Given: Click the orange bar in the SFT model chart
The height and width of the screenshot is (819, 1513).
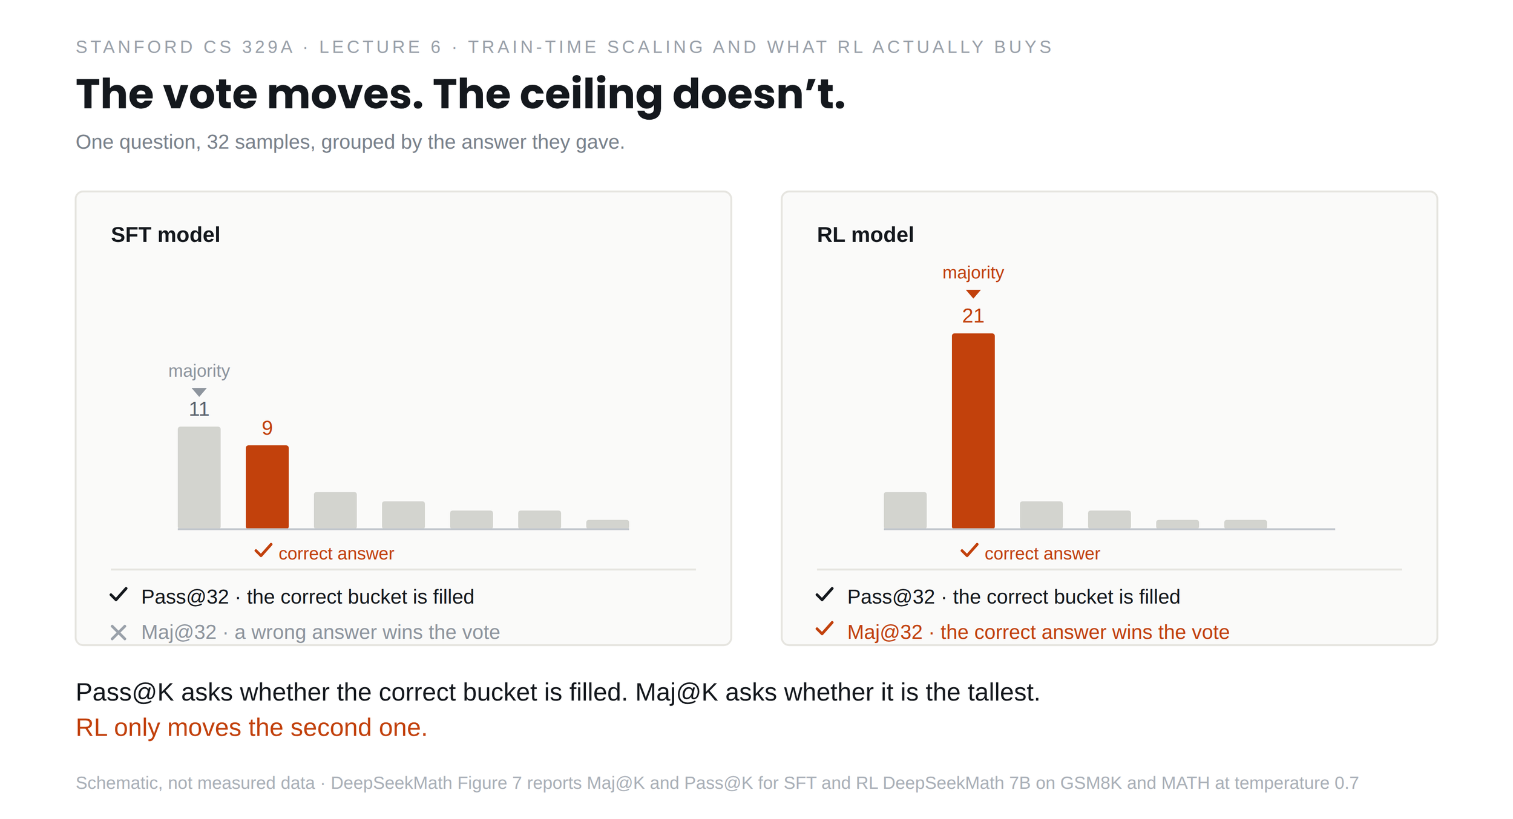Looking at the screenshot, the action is pyautogui.click(x=267, y=487).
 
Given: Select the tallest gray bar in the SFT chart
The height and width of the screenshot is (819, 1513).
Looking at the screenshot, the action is pyautogui.click(x=199, y=478).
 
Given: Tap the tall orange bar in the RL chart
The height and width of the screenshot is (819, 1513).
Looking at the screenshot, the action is pyautogui.click(x=973, y=431).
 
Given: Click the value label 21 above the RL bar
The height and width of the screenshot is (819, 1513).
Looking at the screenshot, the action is pyautogui.click(x=973, y=316).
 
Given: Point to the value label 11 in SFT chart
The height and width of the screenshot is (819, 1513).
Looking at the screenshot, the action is pyautogui.click(x=199, y=409).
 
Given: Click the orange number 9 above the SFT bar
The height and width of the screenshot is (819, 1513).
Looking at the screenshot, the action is pyautogui.click(x=267, y=428).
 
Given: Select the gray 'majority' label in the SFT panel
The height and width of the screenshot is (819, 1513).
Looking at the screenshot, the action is pyautogui.click(x=199, y=371).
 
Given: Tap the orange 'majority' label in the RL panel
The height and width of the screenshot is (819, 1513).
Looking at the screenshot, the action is pyautogui.click(x=973, y=273).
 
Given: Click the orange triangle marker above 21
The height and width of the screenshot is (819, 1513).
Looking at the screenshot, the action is pyautogui.click(x=973, y=294).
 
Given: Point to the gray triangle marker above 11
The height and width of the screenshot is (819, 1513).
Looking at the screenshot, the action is pyautogui.click(x=199, y=392).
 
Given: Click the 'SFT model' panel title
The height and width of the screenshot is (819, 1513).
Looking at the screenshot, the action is pyautogui.click(x=165, y=235).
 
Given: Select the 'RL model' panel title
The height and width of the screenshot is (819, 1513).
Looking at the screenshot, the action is pyautogui.click(x=865, y=235).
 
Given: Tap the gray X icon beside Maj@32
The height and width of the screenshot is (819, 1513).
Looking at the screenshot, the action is pyautogui.click(x=119, y=633).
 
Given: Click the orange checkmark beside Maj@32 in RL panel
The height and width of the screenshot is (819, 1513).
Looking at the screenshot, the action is pyautogui.click(x=825, y=629).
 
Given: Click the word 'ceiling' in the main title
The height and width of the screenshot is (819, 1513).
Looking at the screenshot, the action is pyautogui.click(x=591, y=96).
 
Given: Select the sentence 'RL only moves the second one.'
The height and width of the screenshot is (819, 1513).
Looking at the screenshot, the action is pyautogui.click(x=252, y=728).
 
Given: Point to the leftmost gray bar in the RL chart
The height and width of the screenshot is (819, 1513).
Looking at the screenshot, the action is pyautogui.click(x=905, y=511).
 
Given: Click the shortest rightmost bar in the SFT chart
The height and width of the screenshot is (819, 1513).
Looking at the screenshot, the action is pyautogui.click(x=608, y=524).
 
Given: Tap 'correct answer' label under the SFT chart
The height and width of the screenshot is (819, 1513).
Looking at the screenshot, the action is pyautogui.click(x=336, y=553).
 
